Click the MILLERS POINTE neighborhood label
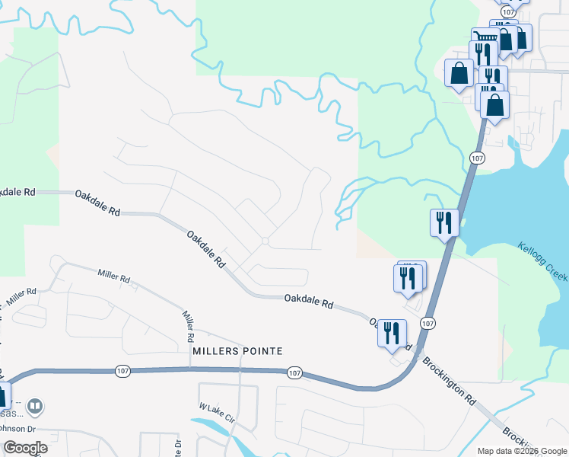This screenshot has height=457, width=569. coord(238,351)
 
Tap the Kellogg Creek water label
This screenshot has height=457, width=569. coord(543,262)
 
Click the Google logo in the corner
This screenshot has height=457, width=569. coord(25,448)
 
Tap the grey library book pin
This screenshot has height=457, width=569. coord(35,408)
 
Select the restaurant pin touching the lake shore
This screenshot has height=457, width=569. coord(444,223)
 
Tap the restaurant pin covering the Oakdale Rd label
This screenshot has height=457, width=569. coord(393,334)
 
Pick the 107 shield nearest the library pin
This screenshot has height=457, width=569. coord(123,371)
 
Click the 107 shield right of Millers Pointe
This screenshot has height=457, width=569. coord(295,373)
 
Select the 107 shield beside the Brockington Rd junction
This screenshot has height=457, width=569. coord(428,324)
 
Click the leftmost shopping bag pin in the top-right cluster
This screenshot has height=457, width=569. coord(459,74)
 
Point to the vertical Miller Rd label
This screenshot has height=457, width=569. coord(187,325)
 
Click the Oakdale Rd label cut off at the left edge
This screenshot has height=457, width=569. coord(17,192)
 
